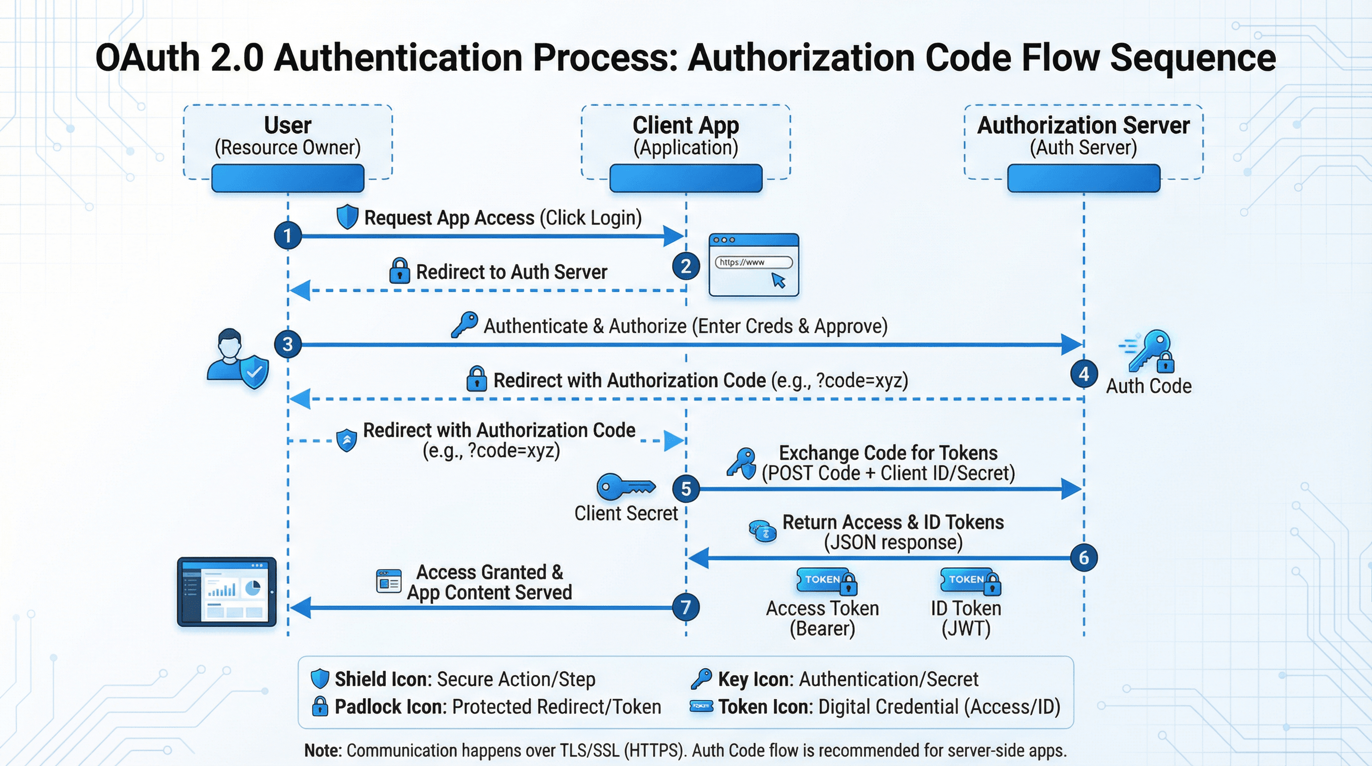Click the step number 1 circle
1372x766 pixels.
[288, 235]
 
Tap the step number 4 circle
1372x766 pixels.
[1084, 374]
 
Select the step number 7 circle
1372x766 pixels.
[686, 607]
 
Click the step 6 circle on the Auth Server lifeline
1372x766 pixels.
[1084, 558]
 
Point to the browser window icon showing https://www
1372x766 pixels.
[754, 265]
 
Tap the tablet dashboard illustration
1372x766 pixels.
[227, 592]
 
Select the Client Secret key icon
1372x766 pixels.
[625, 486]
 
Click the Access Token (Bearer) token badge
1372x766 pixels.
[826, 580]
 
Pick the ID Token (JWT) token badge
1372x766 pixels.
[970, 580]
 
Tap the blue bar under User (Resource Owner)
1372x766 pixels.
[288, 178]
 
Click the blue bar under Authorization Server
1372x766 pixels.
[1083, 178]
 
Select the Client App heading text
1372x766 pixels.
[686, 126]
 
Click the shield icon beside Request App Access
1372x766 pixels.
[347, 217]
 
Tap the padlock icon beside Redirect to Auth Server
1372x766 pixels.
[399, 271]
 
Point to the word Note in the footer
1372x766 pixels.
[322, 750]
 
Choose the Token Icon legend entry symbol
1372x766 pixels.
[701, 706]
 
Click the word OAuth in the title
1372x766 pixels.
[147, 57]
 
